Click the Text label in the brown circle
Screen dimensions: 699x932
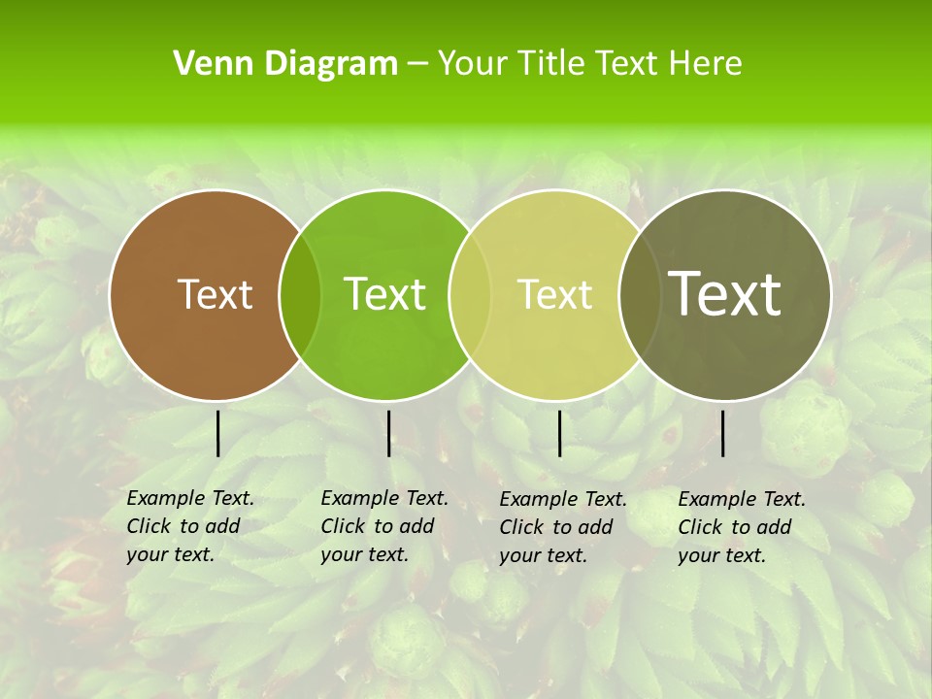click(215, 294)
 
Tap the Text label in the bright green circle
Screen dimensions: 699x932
click(384, 294)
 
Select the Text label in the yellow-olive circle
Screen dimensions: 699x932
click(554, 294)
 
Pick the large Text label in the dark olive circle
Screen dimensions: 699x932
click(724, 294)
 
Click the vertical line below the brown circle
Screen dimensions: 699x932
click(217, 433)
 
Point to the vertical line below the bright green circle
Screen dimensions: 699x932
click(388, 433)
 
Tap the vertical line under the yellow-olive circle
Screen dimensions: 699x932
click(559, 433)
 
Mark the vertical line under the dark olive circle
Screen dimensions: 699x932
click(722, 433)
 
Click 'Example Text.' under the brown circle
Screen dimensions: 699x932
click(190, 498)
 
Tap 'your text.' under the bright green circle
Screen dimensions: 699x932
click(364, 554)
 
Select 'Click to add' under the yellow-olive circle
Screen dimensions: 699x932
click(556, 527)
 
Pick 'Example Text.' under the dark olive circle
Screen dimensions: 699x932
click(742, 499)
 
